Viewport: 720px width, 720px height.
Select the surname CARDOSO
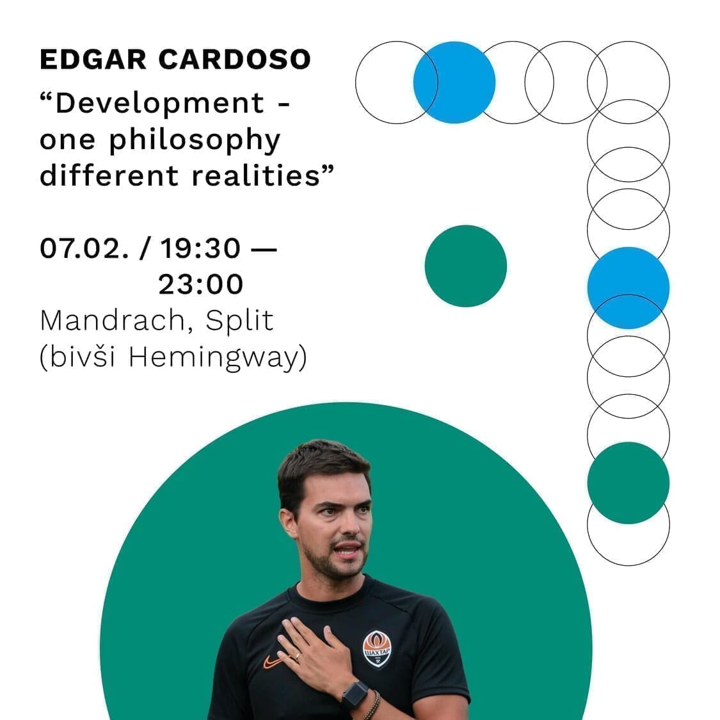tap(235, 60)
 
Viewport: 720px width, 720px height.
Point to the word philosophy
tap(194, 141)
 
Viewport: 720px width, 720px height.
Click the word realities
tap(255, 175)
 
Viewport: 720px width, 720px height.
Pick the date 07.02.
tap(84, 248)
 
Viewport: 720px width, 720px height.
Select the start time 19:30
tap(200, 248)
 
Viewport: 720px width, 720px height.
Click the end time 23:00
tap(201, 284)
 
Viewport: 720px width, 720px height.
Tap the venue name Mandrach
tap(117, 321)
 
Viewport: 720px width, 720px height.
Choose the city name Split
tap(239, 321)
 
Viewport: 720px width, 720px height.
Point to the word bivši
tap(82, 356)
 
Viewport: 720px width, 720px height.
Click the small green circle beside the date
tap(466, 266)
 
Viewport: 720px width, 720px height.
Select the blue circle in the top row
tap(454, 83)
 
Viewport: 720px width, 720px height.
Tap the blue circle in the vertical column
tap(628, 288)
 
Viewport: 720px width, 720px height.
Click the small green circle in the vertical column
tap(628, 483)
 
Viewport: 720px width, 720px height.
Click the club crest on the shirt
tap(377, 649)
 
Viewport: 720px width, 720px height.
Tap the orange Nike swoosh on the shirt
tap(272, 662)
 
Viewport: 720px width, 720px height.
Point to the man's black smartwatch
tap(355, 694)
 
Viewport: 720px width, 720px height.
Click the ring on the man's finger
tap(298, 657)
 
